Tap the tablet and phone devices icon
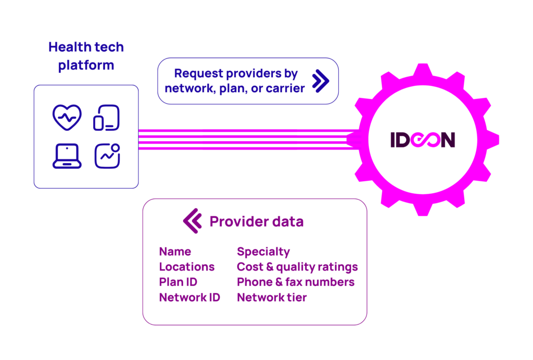click(107, 118)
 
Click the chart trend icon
click(107, 156)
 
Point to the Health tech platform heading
click(86, 56)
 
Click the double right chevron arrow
click(320, 81)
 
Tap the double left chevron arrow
click(192, 221)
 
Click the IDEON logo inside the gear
click(423, 140)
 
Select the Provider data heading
click(256, 221)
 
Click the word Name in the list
click(175, 252)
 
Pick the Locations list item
click(187, 267)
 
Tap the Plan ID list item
click(178, 282)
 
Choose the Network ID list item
click(189, 297)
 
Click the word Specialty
click(263, 252)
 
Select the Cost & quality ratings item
click(297, 267)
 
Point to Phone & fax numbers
click(296, 282)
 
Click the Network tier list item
click(272, 297)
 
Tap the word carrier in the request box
click(285, 89)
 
